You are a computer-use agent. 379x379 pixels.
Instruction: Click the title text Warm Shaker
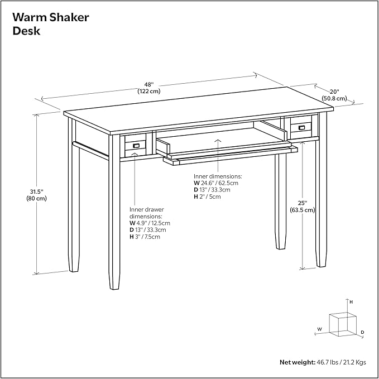[51, 17]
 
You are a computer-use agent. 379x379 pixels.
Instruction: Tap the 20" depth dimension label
[334, 92]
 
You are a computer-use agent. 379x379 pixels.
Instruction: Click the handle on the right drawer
[302, 128]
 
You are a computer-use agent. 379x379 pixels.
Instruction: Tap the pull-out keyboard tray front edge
[229, 157]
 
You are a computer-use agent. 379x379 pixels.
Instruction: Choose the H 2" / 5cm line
[208, 196]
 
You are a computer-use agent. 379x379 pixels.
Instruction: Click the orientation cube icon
[342, 323]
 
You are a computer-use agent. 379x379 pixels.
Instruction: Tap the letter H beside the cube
[351, 301]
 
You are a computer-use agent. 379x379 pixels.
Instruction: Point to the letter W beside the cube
[319, 329]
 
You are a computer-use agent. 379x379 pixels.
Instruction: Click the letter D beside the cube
[362, 332]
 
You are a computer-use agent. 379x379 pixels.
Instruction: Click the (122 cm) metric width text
[148, 91]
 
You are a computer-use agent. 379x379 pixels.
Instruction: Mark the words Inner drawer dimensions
[146, 212]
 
